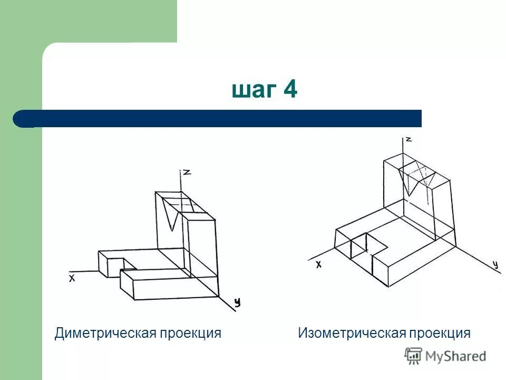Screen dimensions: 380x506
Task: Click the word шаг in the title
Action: [x=253, y=91]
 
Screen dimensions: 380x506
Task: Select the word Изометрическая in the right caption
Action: [x=352, y=334]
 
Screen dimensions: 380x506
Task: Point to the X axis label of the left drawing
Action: [x=72, y=278]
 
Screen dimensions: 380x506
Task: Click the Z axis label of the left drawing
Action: [x=186, y=173]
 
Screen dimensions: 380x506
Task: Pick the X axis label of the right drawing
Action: [x=318, y=264]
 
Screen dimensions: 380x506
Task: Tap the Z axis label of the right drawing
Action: [x=407, y=140]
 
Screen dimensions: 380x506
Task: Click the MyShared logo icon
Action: [x=413, y=356]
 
